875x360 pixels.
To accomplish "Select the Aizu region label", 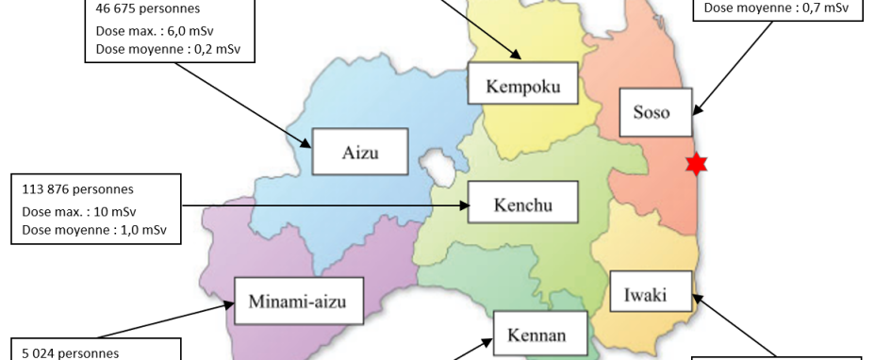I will tap(360, 152).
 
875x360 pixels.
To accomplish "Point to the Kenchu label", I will tap(523, 204).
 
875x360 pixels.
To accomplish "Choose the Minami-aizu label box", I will tap(297, 302).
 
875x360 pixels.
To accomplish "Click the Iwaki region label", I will tap(646, 296).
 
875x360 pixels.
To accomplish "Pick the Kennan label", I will tap(536, 335).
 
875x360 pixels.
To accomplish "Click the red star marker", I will tap(696, 164).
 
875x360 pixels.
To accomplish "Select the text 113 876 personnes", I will tap(77, 189).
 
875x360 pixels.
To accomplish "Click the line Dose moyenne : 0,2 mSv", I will tap(162, 49).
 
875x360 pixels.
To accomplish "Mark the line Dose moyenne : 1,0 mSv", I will tap(94, 229).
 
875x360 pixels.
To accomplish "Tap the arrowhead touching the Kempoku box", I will tap(516, 57).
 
